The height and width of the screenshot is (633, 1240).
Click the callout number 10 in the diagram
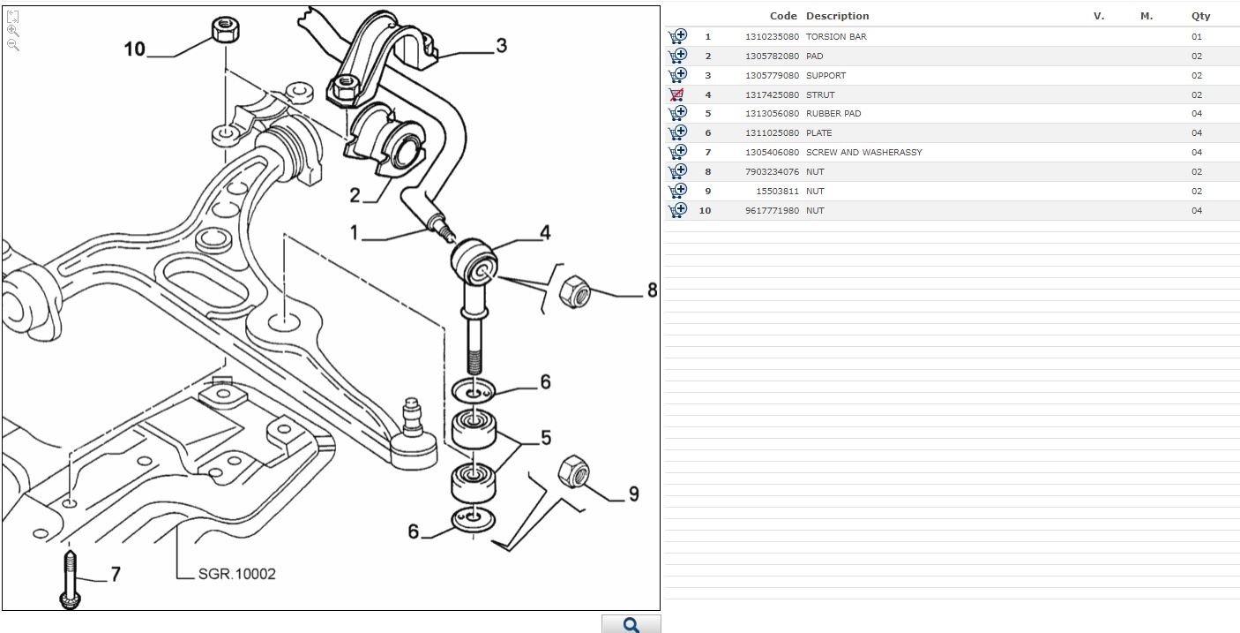click(134, 49)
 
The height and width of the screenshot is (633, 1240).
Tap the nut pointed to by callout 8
click(575, 291)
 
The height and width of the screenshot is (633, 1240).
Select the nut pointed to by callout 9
click(574, 471)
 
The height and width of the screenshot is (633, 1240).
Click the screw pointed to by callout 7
click(70, 578)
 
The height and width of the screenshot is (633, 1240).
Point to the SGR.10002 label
click(236, 574)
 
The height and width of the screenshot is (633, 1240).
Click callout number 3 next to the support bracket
click(501, 45)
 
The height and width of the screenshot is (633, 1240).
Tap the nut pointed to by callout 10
click(222, 31)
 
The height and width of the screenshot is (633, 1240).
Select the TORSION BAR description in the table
click(836, 37)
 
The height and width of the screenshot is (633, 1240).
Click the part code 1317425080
click(772, 94)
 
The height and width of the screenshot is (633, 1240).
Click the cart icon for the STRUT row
click(676, 94)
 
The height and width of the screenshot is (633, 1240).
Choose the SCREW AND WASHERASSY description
click(863, 153)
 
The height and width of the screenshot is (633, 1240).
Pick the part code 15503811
click(778, 192)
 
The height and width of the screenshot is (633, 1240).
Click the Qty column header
click(1200, 16)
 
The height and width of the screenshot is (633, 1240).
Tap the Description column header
click(837, 16)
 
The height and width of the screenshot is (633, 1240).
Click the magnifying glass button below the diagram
click(631, 624)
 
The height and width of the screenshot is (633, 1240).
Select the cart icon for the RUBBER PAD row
click(676, 114)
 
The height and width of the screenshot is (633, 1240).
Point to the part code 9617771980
click(772, 211)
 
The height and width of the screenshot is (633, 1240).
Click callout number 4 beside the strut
click(545, 232)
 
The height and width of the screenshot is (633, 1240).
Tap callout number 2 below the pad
click(355, 195)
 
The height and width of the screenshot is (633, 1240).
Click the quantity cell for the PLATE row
click(1196, 133)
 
